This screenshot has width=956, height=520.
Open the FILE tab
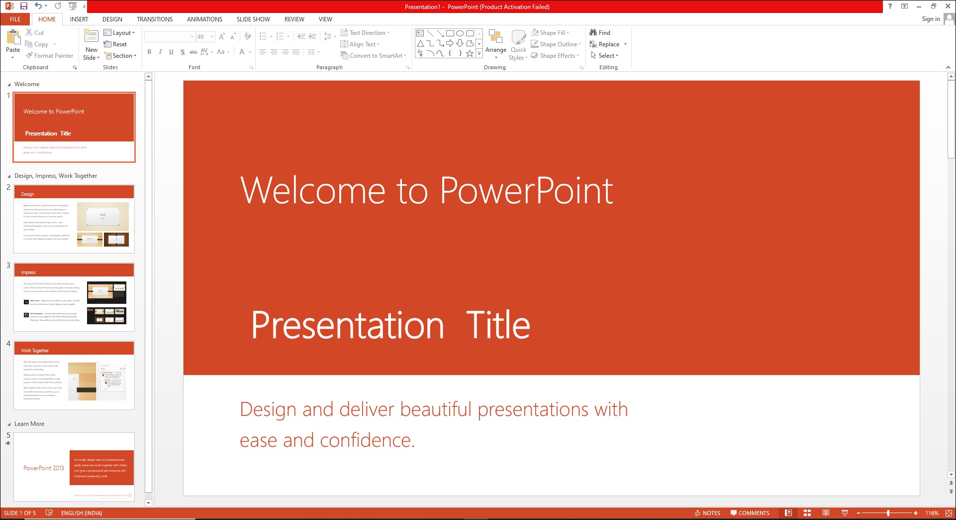pyautogui.click(x=15, y=19)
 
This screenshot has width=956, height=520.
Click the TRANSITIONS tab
pyautogui.click(x=154, y=19)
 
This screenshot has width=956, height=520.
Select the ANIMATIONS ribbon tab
pyautogui.click(x=204, y=19)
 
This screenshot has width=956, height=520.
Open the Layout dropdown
pyautogui.click(x=119, y=33)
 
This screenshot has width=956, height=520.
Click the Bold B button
pyautogui.click(x=149, y=52)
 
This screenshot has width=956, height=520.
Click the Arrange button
pyautogui.click(x=495, y=44)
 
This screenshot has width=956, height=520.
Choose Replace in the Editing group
pyautogui.click(x=608, y=44)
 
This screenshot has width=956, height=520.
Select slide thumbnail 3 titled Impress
pyautogui.click(x=74, y=297)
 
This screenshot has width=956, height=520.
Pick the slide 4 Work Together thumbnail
pyautogui.click(x=74, y=375)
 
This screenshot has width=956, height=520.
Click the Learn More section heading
pyautogui.click(x=29, y=424)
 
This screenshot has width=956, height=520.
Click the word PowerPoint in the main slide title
pyautogui.click(x=526, y=191)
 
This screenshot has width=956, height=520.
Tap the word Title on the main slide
pyautogui.click(x=498, y=325)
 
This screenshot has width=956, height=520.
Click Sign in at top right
pyautogui.click(x=930, y=19)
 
